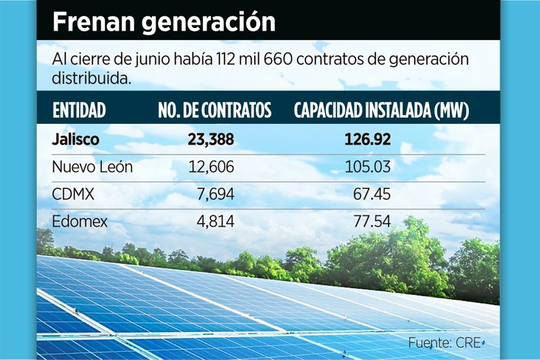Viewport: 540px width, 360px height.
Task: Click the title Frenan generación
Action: [x=164, y=22]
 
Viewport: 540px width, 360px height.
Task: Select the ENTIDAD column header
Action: [x=79, y=111]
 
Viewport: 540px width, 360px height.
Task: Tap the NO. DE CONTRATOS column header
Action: [x=215, y=111]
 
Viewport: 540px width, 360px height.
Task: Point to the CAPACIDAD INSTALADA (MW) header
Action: [x=381, y=111]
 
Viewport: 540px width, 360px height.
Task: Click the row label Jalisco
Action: [x=75, y=139]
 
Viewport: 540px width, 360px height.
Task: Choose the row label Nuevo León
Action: [x=92, y=167]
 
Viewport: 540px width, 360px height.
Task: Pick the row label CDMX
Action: [x=73, y=195]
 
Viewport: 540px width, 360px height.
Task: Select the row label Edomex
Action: [x=79, y=222]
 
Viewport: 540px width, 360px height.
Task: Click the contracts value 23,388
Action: [x=211, y=139]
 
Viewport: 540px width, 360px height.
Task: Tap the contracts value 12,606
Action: [x=211, y=167]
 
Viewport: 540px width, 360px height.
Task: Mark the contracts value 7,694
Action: [x=217, y=195]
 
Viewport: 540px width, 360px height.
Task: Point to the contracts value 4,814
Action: [x=217, y=222]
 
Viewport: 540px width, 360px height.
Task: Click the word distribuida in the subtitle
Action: [x=92, y=78]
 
